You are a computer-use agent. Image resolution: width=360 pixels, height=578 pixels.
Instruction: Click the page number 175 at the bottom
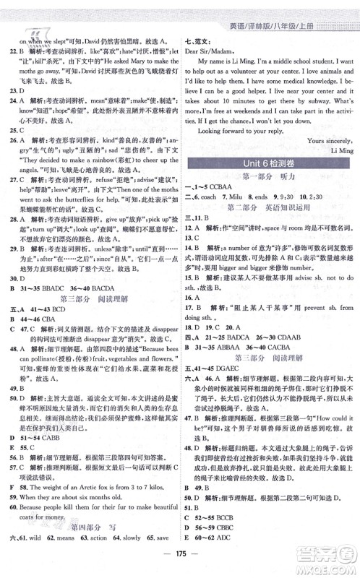tap(179, 559)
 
